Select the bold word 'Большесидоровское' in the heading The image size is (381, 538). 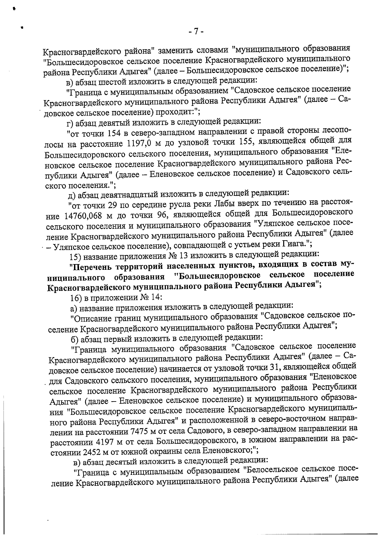(x=218, y=275)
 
